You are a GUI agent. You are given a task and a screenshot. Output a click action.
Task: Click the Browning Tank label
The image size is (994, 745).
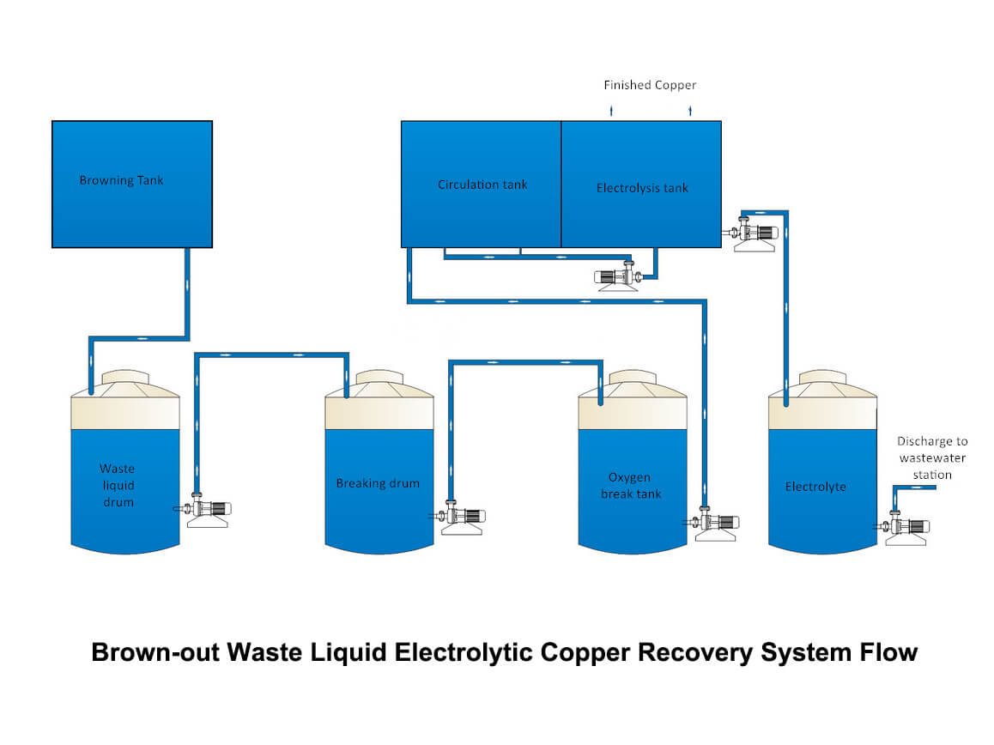[121, 180]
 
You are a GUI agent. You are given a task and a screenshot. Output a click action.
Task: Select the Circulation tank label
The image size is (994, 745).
[482, 185]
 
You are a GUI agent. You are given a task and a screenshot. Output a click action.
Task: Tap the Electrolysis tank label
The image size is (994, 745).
[642, 188]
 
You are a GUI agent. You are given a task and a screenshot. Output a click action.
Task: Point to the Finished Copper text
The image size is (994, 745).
[650, 85]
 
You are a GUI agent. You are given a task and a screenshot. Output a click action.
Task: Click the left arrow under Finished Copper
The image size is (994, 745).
[611, 111]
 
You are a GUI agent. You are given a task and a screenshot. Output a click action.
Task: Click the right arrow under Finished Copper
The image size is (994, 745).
[690, 111]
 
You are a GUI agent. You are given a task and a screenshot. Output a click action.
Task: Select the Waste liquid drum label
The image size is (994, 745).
[117, 485]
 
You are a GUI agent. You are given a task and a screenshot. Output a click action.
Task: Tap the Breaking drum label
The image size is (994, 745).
[378, 483]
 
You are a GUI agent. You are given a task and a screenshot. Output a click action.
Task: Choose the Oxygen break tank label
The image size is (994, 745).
[631, 486]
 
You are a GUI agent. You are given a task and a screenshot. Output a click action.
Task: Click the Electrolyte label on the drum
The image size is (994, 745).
[815, 487]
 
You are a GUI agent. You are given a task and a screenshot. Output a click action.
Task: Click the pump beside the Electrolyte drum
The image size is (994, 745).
[907, 528]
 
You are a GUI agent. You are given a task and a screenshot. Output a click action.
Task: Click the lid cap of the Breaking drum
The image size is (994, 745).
[379, 379]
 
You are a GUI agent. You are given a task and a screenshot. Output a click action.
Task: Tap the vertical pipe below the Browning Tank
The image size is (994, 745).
[185, 292]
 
